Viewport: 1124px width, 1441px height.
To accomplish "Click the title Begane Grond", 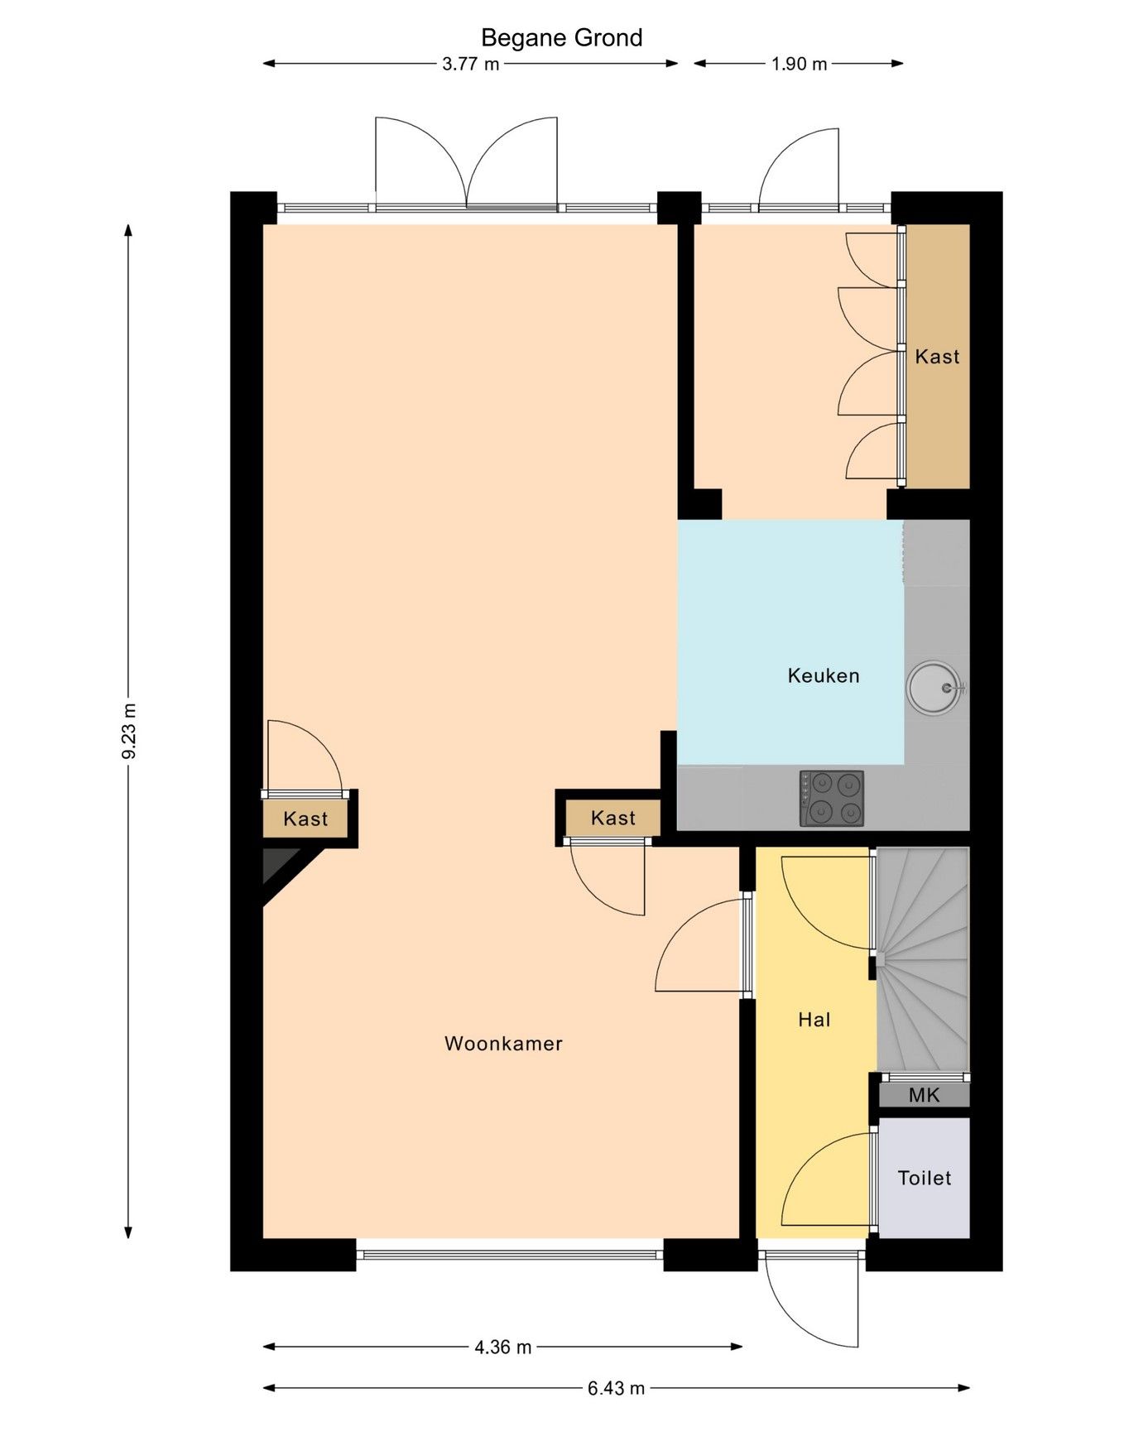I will pyautogui.click(x=561, y=38).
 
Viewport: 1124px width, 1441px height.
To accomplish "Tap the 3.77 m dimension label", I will pyautogui.click(x=470, y=64).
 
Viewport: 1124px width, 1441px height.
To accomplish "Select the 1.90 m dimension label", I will pyautogui.click(x=799, y=64).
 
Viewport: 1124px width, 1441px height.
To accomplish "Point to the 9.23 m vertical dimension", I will pyautogui.click(x=128, y=731).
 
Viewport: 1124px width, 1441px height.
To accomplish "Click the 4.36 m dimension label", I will pyautogui.click(x=502, y=1347).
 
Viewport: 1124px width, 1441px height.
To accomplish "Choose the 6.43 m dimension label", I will pyautogui.click(x=616, y=1388).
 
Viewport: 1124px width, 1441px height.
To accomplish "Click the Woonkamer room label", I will pyautogui.click(x=503, y=1044).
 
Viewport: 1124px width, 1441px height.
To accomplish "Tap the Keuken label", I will pyautogui.click(x=823, y=676).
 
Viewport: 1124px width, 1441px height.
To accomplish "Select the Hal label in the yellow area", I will pyautogui.click(x=814, y=1020).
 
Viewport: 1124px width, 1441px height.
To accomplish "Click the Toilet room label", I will pyautogui.click(x=924, y=1178).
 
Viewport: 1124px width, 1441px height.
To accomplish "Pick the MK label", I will pyautogui.click(x=924, y=1096).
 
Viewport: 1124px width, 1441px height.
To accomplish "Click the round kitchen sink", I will pyautogui.click(x=935, y=687).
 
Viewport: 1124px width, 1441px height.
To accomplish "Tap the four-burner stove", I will pyautogui.click(x=831, y=798).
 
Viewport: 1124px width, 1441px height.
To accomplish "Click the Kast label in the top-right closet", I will pyautogui.click(x=937, y=357).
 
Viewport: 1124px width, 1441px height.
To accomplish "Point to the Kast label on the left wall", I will pyautogui.click(x=305, y=819).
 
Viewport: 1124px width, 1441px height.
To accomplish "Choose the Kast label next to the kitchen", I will pyautogui.click(x=613, y=819).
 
